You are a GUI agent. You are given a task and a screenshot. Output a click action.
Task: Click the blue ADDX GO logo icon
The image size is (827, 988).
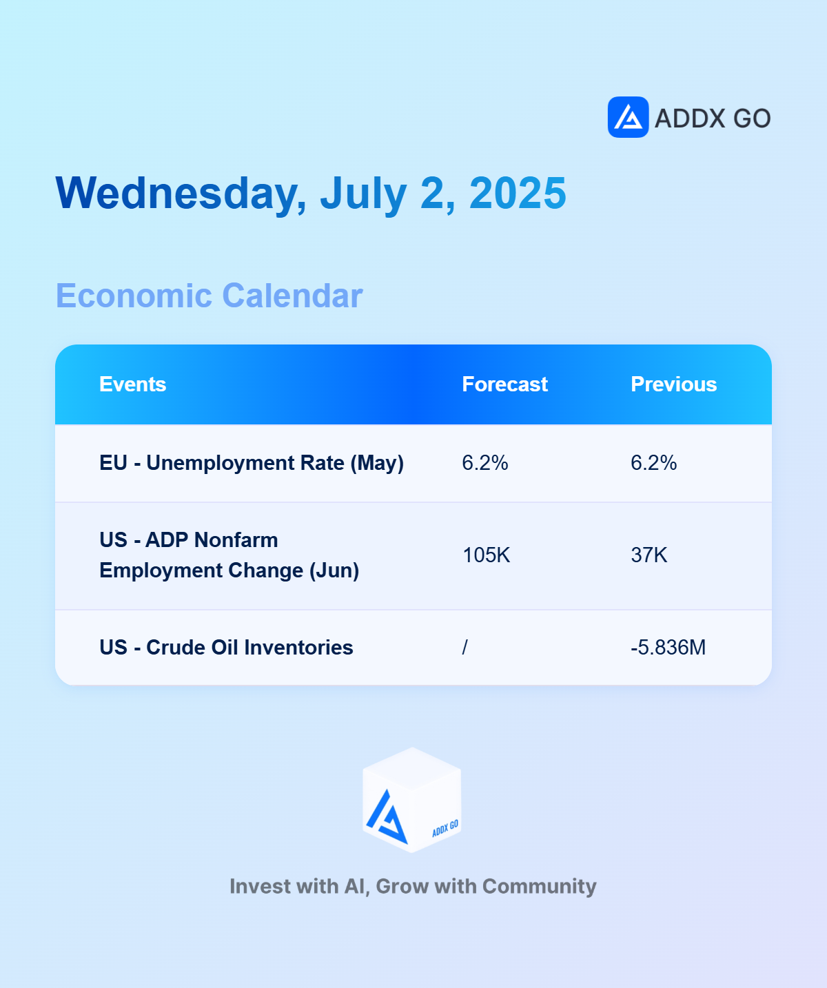[x=628, y=117]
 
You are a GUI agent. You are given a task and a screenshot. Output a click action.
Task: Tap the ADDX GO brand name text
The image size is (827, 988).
[x=713, y=119]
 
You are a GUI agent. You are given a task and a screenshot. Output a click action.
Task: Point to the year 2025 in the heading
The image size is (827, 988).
[x=518, y=193]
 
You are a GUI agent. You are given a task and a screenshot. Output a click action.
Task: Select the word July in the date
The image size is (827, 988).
[x=364, y=194]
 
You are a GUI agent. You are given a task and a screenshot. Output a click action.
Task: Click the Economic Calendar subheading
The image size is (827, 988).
[x=210, y=296]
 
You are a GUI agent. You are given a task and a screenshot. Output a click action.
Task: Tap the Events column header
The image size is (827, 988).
[x=132, y=384]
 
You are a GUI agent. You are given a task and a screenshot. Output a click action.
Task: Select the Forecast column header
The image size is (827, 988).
[x=504, y=384]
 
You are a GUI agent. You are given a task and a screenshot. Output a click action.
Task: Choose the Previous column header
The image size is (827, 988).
[x=673, y=384]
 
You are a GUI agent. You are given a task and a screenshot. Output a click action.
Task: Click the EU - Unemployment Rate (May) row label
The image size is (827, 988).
[x=252, y=463]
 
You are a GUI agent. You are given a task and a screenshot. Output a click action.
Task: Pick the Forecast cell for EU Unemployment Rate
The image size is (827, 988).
[x=485, y=463]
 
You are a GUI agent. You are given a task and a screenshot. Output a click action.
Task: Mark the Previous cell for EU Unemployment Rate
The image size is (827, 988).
[x=654, y=463]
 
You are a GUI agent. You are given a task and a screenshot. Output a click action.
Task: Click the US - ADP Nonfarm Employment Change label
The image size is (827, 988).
[x=229, y=555]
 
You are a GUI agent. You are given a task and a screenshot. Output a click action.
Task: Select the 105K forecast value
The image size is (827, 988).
[x=486, y=555]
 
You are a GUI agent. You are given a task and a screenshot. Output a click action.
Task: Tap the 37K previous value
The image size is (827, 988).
[x=649, y=555]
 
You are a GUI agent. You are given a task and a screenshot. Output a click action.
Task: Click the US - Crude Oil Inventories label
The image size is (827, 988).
[x=226, y=648]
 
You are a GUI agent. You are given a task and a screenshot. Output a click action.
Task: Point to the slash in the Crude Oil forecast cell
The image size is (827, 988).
[x=465, y=648]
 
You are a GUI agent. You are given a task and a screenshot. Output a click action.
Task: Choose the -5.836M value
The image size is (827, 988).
[x=668, y=648]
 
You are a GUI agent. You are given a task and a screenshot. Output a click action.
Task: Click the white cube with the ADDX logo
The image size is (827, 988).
[x=412, y=800]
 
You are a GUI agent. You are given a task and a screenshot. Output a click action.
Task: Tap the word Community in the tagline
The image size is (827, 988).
[x=539, y=887]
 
